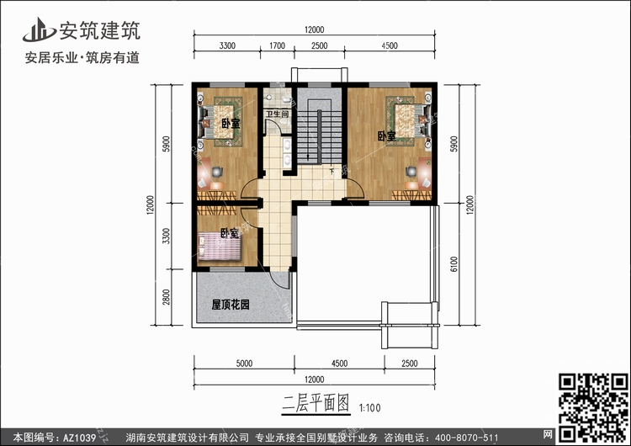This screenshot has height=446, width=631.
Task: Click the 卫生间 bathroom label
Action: coord(277,114)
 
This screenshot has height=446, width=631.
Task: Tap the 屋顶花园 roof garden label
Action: coord(231,305)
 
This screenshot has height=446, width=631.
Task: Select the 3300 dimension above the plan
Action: coord(227,45)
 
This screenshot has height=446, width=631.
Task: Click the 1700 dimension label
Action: coord(277,45)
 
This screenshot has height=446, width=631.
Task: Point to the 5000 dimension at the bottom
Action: coord(244,364)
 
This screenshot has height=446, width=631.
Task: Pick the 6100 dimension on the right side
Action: coord(454,264)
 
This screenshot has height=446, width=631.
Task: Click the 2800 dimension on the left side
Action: coord(167,297)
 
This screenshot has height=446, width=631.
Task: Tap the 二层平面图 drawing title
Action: coord(315,403)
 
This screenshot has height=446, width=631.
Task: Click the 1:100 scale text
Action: coord(370,408)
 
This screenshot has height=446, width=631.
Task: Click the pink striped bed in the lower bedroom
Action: coord(220,247)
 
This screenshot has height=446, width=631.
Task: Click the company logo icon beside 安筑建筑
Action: coord(39,30)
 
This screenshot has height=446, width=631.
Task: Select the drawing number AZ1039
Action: coord(80,438)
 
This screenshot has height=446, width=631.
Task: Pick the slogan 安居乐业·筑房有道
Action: coord(82,57)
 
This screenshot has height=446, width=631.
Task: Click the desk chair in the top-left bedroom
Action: coord(217,172)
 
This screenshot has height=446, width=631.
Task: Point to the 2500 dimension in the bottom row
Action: coord(410,364)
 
